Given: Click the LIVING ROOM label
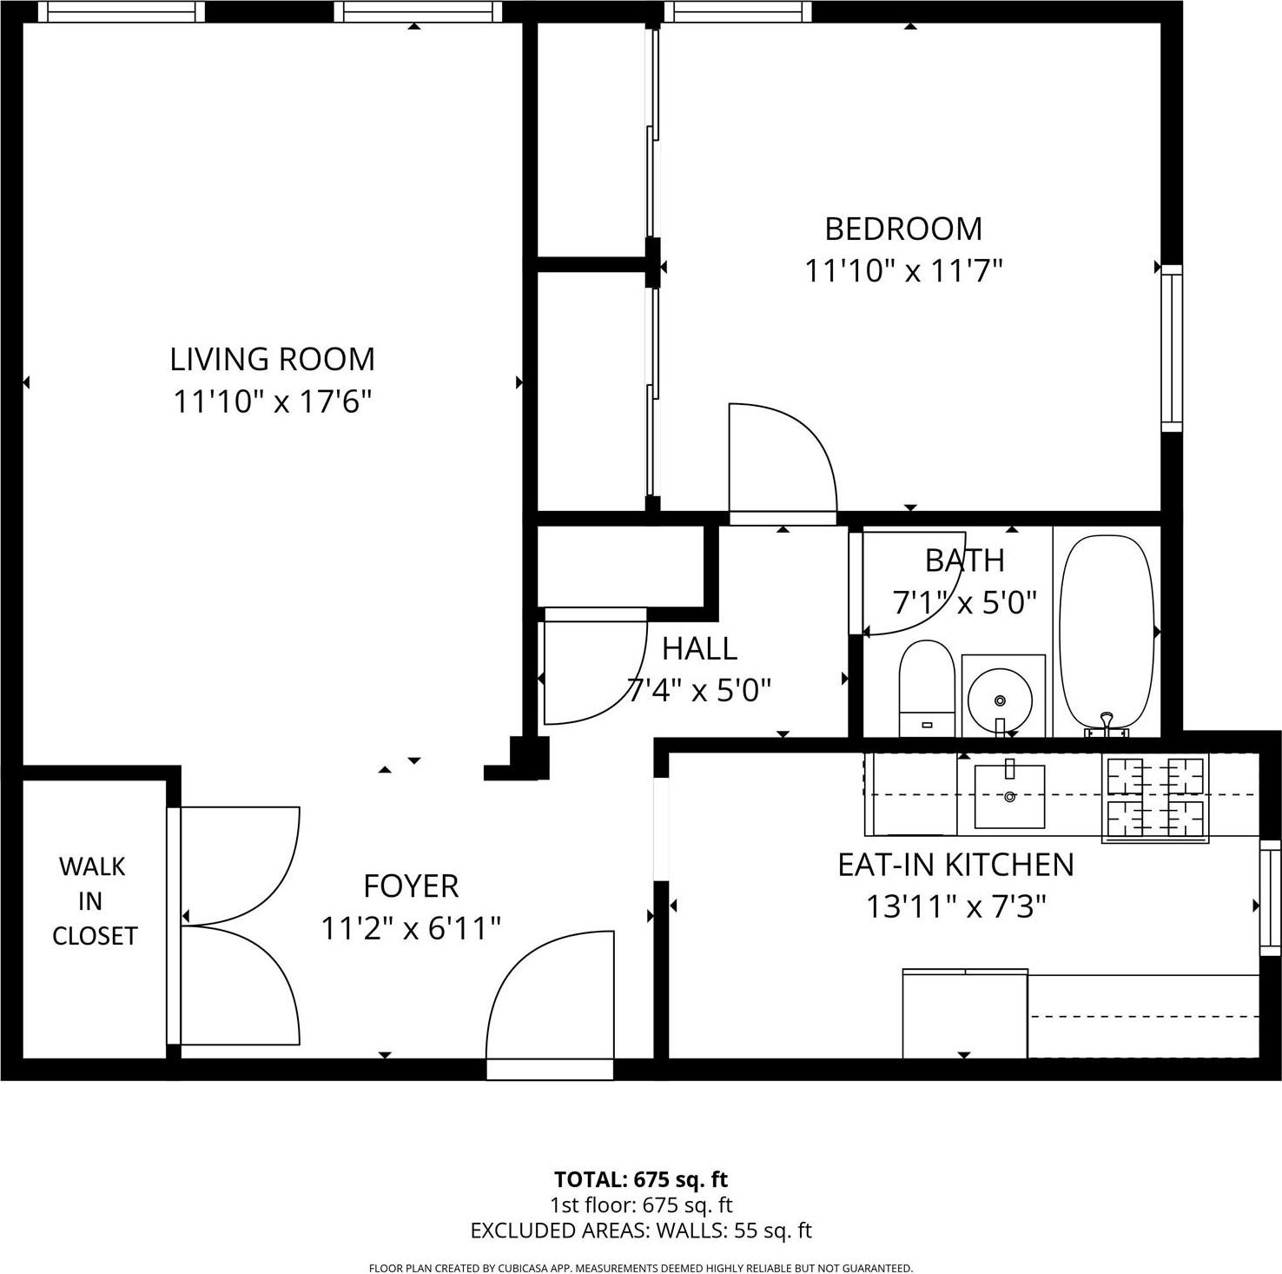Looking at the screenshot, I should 272,359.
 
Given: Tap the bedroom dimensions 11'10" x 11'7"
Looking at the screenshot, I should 903,271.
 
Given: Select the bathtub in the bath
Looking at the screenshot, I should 1107,630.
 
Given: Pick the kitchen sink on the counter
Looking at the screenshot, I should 1009,795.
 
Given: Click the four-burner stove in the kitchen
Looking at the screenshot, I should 1155,798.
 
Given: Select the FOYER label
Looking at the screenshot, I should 411,886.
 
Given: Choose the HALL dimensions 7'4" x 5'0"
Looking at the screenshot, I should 700,691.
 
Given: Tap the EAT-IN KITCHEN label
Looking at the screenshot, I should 955,865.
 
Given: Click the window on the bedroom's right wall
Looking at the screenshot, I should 1172,348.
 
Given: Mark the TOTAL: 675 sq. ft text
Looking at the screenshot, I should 641,1179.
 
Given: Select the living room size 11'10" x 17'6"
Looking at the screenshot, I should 272,401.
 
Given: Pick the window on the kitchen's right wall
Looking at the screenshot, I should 1270,897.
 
